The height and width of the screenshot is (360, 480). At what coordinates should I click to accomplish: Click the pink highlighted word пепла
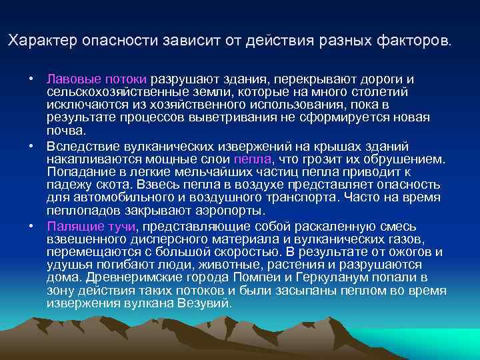(x=253, y=158)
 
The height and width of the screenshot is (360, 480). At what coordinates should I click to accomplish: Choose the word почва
(x=64, y=129)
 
